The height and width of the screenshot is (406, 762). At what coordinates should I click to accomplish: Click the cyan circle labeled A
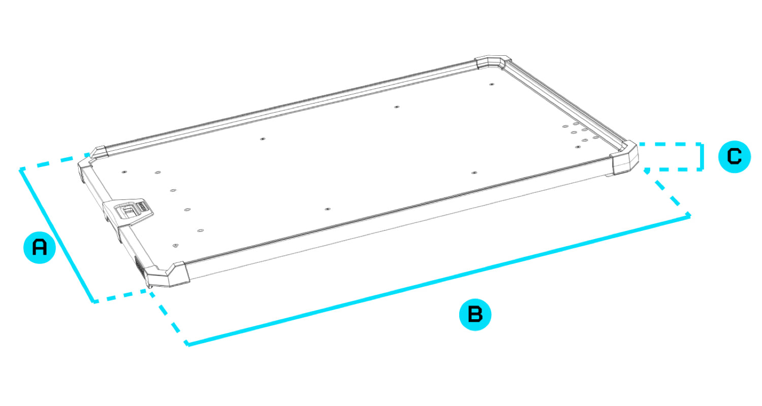40,248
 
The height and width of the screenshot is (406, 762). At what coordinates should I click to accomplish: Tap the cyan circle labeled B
475,314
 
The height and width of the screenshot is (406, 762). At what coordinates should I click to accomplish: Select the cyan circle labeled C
735,157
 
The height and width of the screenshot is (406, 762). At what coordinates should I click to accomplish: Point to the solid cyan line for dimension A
57,235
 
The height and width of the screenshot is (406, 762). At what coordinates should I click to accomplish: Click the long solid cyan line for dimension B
439,280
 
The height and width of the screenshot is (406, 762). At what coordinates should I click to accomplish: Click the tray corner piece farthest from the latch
493,62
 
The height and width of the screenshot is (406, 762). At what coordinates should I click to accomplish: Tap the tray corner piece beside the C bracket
624,158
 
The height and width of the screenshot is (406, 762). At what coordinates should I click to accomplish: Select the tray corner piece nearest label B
167,275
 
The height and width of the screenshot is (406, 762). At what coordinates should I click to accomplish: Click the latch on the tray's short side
129,211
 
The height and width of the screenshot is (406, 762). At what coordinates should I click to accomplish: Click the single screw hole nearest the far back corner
492,84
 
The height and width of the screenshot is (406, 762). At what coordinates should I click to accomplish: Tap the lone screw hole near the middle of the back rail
397,107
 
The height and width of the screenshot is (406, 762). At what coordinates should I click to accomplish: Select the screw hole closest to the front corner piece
176,245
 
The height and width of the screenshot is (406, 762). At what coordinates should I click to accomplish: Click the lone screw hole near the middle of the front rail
327,209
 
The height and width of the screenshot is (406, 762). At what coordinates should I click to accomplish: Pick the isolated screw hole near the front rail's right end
474,173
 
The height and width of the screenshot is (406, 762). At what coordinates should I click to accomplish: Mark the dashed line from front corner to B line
167,317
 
